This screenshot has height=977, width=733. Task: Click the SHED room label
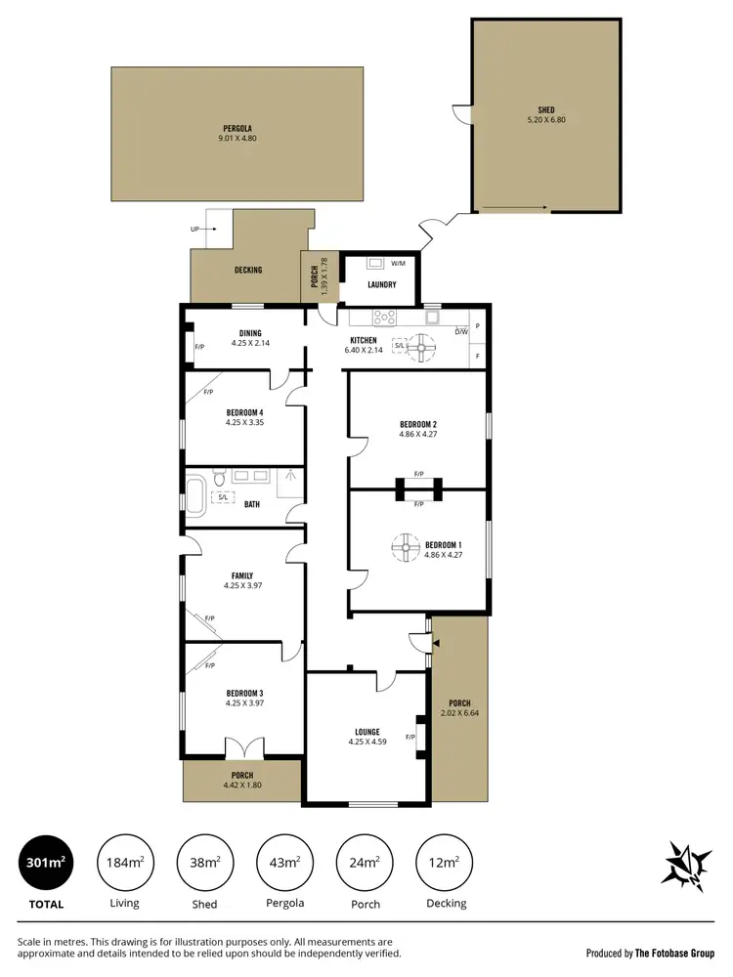(x=545, y=109)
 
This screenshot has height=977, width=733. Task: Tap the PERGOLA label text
(x=236, y=128)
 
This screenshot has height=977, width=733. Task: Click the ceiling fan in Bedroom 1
(x=405, y=547)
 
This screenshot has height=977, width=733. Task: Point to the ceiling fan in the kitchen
(x=423, y=345)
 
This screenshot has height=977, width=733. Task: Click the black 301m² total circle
(x=46, y=862)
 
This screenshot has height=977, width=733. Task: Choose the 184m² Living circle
(x=125, y=862)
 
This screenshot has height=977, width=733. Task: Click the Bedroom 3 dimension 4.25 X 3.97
(x=243, y=702)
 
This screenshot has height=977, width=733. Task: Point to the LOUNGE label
(x=367, y=732)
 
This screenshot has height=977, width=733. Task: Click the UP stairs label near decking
(x=195, y=229)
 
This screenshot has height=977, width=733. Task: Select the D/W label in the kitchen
(x=461, y=331)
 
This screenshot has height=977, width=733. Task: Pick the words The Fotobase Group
(x=675, y=953)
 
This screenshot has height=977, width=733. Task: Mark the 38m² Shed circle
(x=204, y=862)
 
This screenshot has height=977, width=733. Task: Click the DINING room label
(x=249, y=333)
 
